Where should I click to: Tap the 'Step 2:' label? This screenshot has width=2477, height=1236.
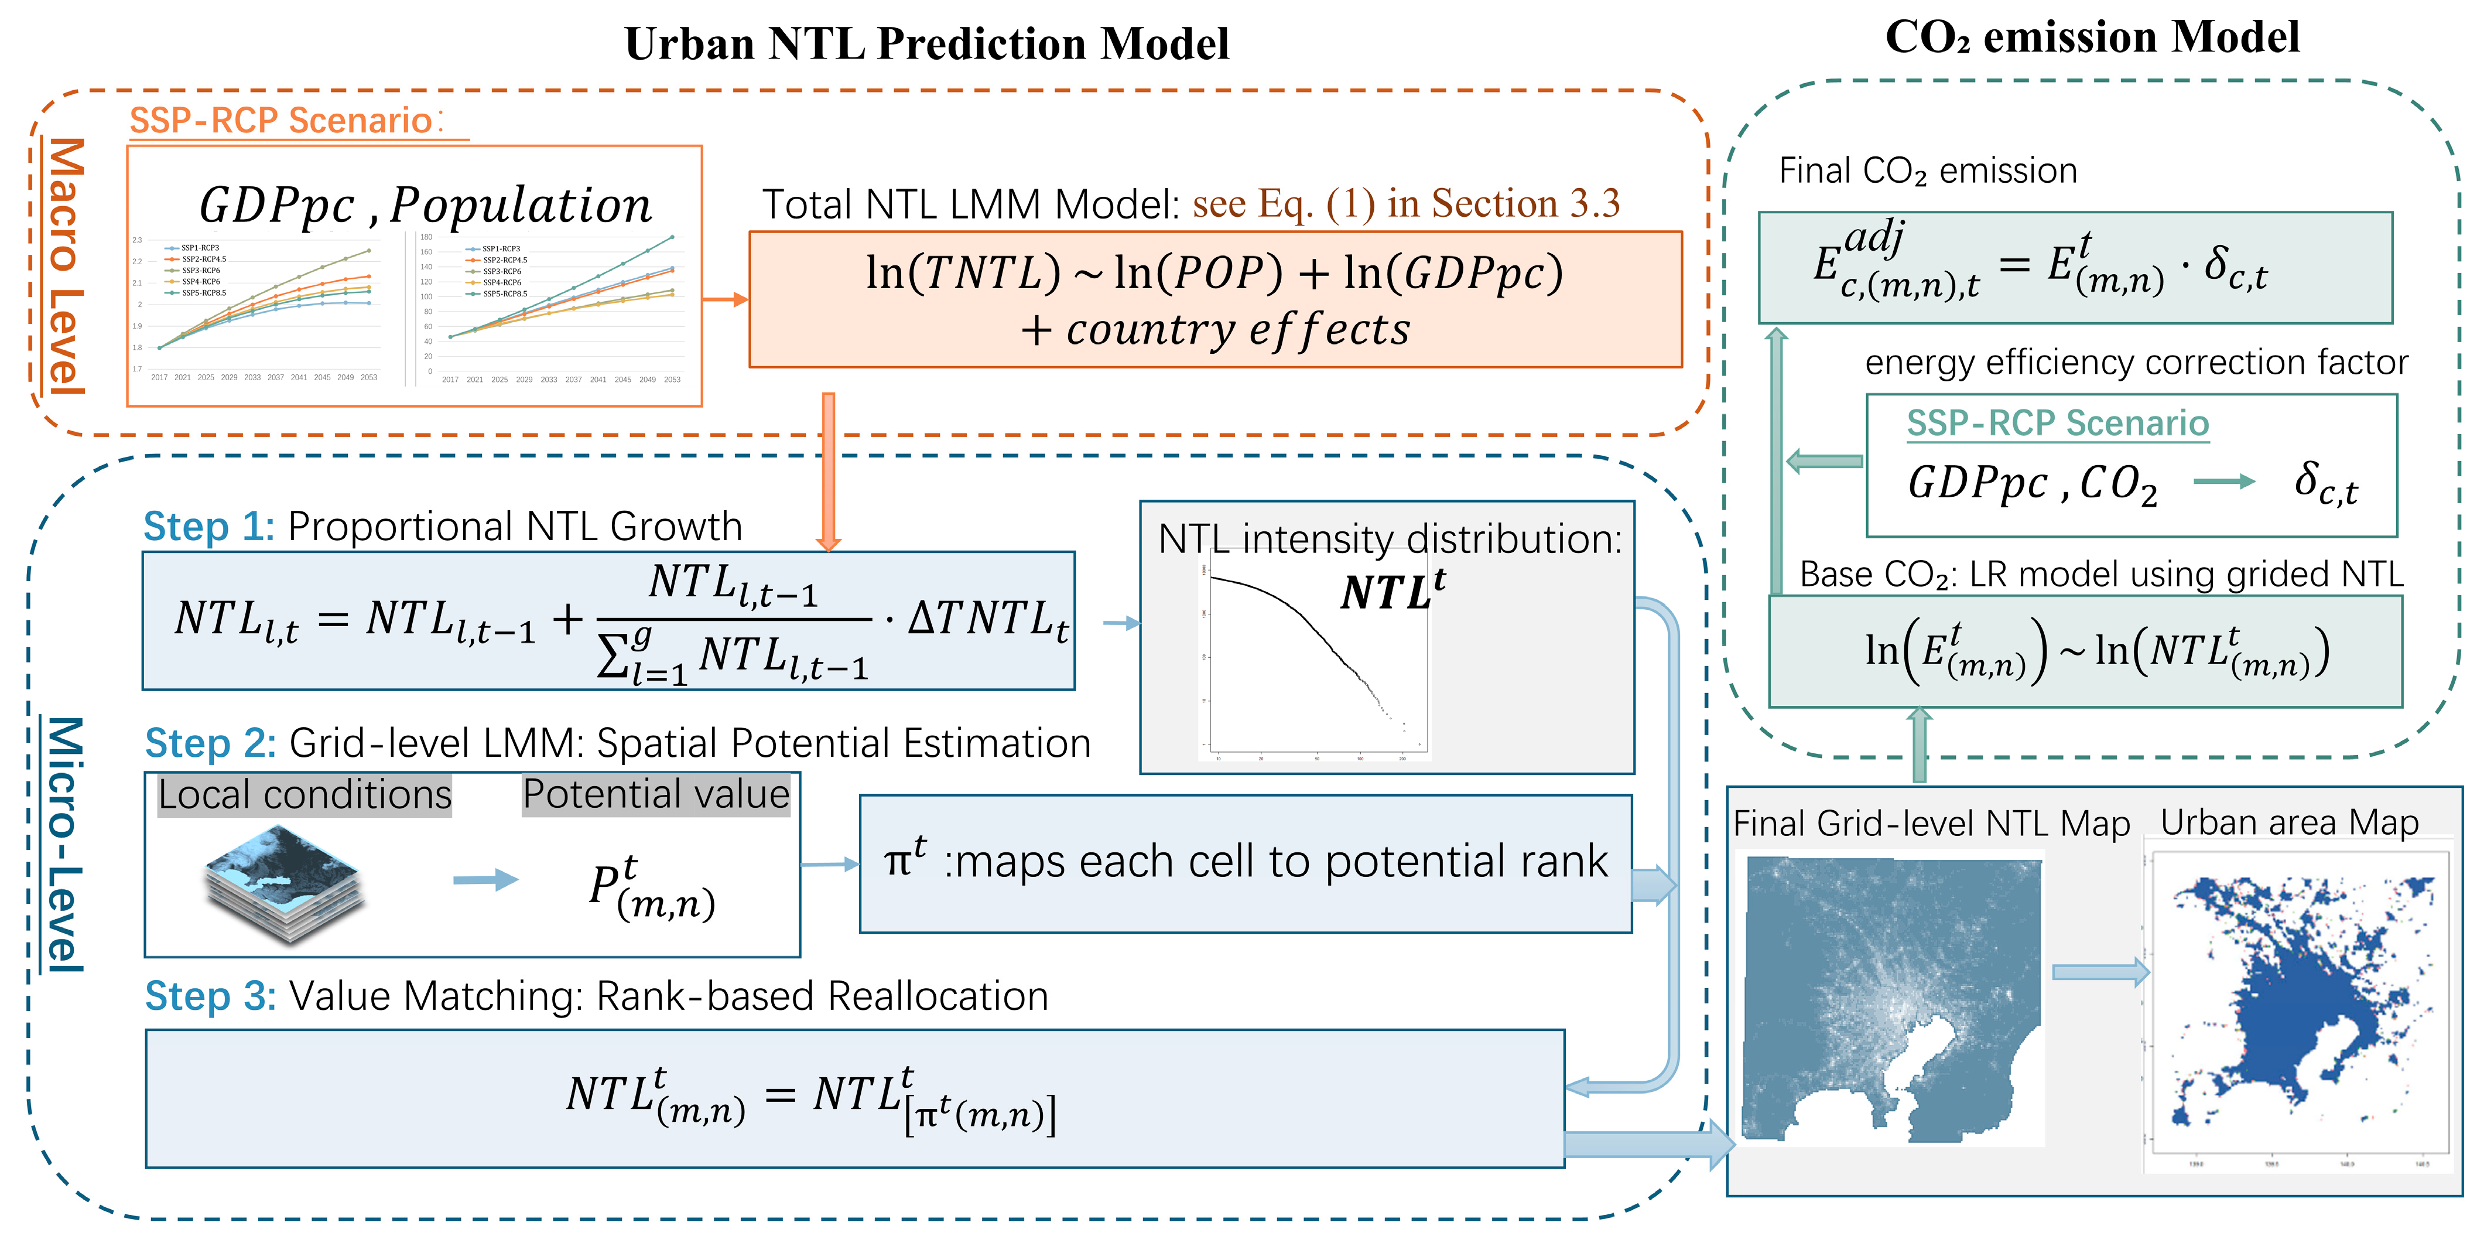[x=210, y=743]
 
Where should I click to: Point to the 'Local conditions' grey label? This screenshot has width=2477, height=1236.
[x=304, y=794]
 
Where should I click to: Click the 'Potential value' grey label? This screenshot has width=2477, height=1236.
[x=656, y=794]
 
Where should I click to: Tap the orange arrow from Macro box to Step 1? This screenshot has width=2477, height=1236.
[x=828, y=472]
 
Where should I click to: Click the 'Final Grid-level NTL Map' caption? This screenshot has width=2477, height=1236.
[x=1931, y=824]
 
